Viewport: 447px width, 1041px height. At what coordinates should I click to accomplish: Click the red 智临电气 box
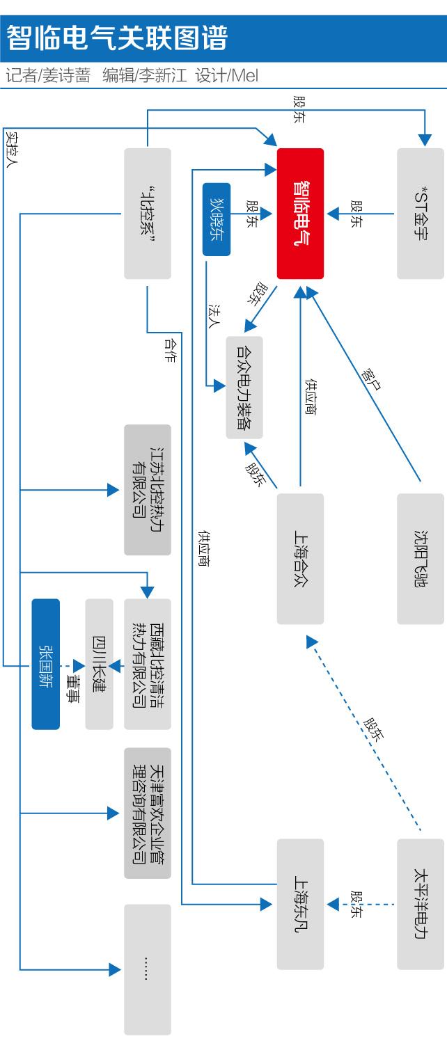click(300, 213)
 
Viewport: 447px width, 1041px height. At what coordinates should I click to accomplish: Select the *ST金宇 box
click(420, 213)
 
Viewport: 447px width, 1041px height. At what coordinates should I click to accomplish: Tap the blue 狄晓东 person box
click(217, 218)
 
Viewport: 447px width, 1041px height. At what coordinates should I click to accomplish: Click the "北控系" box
click(147, 213)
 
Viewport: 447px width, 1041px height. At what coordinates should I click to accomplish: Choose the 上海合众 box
click(300, 559)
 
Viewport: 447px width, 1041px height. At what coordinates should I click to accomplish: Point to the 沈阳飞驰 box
click(420, 559)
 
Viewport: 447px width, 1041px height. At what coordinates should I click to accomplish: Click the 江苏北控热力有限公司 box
click(147, 490)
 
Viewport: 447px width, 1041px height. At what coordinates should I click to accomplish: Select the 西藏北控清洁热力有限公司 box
click(147, 664)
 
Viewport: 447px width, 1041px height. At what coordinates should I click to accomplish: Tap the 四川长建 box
click(99, 664)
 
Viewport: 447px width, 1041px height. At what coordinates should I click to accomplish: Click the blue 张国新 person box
click(46, 664)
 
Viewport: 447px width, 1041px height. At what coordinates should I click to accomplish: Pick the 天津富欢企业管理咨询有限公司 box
click(147, 813)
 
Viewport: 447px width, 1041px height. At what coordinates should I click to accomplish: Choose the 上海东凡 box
click(300, 904)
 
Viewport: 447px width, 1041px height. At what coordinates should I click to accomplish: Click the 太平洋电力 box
click(420, 904)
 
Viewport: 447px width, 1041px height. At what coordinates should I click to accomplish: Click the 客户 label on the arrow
click(370, 376)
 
